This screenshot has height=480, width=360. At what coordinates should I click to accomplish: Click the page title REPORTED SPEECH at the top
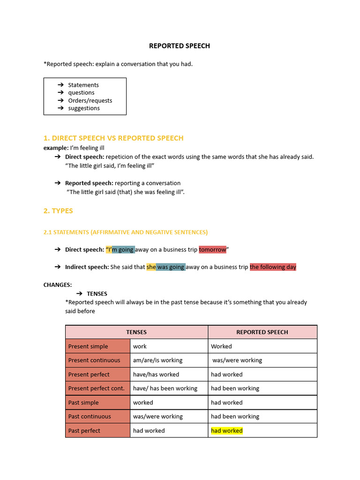pyautogui.click(x=180, y=46)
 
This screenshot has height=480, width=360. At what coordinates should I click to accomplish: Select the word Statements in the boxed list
pyautogui.click(x=83, y=85)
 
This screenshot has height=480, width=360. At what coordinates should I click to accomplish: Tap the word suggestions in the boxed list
pyautogui.click(x=84, y=108)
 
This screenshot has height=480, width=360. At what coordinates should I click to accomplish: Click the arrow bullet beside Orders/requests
pyautogui.click(x=60, y=100)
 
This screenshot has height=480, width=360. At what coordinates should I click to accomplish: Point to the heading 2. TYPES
pyautogui.click(x=58, y=211)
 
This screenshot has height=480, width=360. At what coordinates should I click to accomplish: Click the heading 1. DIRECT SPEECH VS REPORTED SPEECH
pyautogui.click(x=113, y=138)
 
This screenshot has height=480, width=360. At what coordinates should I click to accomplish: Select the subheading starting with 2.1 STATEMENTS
pyautogui.click(x=126, y=232)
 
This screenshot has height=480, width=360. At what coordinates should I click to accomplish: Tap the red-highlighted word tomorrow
pyautogui.click(x=212, y=249)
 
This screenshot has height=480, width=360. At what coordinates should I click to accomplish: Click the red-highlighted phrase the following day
pyautogui.click(x=273, y=267)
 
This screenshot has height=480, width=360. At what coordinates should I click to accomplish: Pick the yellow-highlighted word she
pyautogui.click(x=151, y=267)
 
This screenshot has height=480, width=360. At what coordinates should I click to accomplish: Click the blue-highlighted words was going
pyautogui.click(x=171, y=267)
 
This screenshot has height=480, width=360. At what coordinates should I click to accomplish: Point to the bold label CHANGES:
pyautogui.click(x=58, y=285)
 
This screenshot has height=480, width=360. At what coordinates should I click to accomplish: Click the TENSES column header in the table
pyautogui.click(x=136, y=332)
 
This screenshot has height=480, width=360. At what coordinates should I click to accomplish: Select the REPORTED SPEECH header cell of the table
pyautogui.click(x=262, y=332)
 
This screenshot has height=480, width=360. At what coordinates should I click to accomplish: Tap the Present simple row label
pyautogui.click(x=88, y=346)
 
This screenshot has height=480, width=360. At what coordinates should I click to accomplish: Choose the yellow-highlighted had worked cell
pyautogui.click(x=227, y=431)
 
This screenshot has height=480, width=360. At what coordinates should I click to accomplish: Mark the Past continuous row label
pyautogui.click(x=90, y=417)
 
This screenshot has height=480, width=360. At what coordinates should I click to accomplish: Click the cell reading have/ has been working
pyautogui.click(x=165, y=389)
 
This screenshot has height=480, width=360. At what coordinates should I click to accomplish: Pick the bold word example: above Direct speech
pyautogui.click(x=56, y=148)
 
